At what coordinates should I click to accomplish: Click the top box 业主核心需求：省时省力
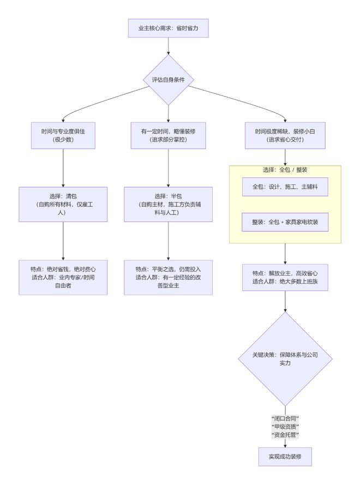point(168,28)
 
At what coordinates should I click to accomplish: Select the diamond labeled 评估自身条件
point(168,80)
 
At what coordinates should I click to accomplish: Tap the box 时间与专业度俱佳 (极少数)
point(63,135)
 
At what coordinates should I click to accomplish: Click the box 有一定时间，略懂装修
point(168,135)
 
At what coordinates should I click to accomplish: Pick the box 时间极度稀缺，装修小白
point(285,135)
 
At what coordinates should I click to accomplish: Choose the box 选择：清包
point(63,205)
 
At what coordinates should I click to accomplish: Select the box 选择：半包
point(168,205)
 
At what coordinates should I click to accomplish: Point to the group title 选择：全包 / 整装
point(285,170)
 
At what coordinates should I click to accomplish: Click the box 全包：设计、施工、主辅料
point(285,187)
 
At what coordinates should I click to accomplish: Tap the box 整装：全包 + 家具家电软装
point(285,222)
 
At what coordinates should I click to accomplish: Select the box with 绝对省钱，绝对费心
point(63,277)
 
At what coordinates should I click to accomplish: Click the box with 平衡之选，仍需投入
point(168,277)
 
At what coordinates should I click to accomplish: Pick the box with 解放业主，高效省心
point(285,277)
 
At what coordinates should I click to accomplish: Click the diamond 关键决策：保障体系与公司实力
point(285,358)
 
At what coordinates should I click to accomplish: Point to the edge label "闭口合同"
point(285,418)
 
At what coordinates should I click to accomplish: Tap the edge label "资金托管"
point(285,434)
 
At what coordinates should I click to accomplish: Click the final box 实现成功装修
point(285,457)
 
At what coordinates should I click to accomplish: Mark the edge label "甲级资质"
point(285,426)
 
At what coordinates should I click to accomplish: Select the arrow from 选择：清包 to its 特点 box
point(63,241)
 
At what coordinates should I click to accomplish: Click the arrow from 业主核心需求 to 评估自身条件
point(168,46)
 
